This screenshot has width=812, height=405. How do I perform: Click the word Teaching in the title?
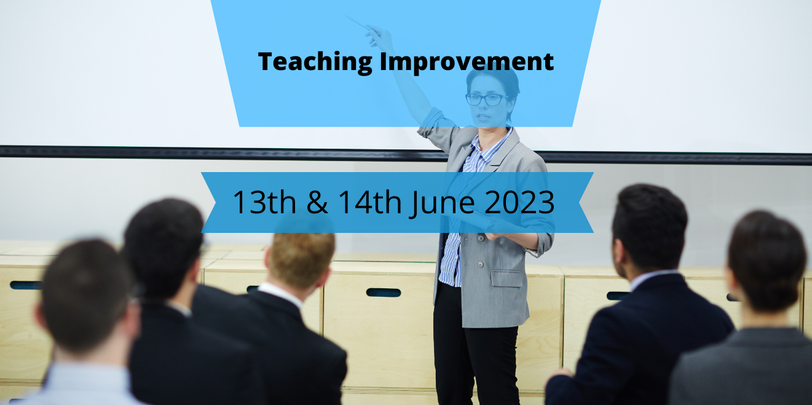click(x=315, y=62)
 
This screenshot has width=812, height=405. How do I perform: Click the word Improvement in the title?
click(x=467, y=62)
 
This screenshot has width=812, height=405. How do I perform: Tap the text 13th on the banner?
click(x=264, y=202)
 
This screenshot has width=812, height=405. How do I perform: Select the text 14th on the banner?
click(x=370, y=202)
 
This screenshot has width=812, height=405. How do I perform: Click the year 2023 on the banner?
click(x=519, y=202)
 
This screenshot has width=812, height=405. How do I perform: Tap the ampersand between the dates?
click(x=317, y=202)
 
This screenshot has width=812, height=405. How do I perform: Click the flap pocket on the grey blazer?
click(x=507, y=278)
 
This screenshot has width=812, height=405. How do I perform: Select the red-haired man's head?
click(x=300, y=259)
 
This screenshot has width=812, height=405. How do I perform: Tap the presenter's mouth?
click(x=482, y=117)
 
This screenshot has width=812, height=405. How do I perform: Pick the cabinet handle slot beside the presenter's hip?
click(x=384, y=293)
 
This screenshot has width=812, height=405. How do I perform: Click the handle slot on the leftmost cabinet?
click(x=26, y=285)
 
